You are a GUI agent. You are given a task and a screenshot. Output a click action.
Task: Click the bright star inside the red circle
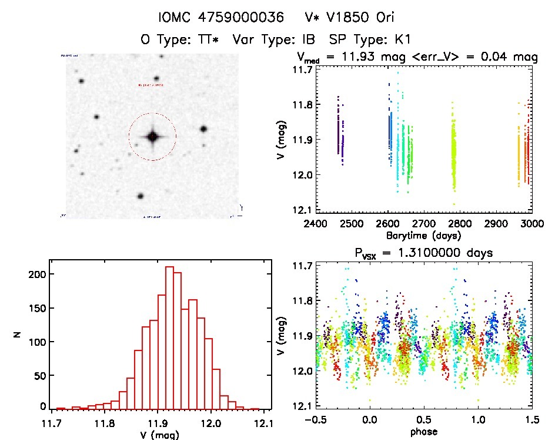pos(152,137)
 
